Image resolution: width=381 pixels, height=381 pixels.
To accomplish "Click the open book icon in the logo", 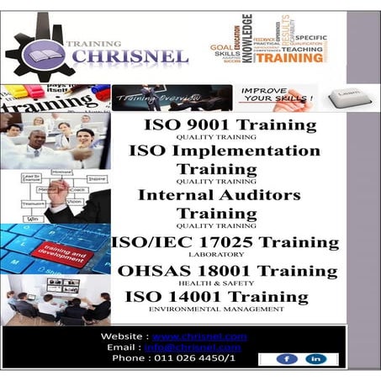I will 40,55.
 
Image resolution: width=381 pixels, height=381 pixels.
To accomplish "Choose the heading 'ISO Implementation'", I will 224,151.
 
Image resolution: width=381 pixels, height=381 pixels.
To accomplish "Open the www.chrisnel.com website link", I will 200,336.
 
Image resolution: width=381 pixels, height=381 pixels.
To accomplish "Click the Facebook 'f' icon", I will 288,359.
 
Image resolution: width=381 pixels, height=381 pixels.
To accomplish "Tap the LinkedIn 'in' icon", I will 317,359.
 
